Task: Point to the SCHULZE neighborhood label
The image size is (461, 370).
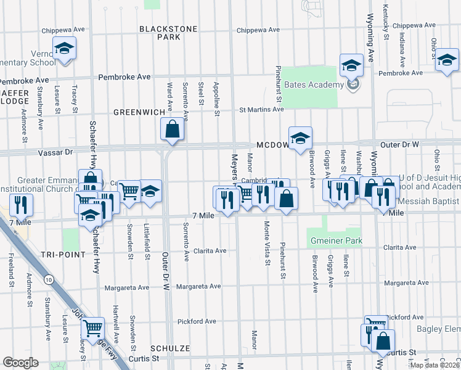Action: (x=169, y=348)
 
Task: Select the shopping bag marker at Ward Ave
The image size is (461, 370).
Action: (x=173, y=129)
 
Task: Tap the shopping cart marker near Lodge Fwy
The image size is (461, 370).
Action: (x=92, y=327)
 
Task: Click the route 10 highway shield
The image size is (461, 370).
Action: (x=48, y=280)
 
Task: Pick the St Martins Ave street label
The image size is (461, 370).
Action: (x=261, y=110)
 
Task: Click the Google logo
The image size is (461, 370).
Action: (x=20, y=363)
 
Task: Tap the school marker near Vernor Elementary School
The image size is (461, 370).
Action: (x=63, y=49)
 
